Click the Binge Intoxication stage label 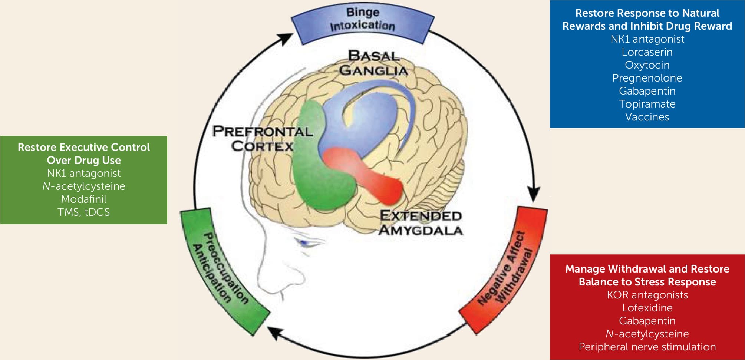[362, 19]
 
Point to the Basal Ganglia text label [373, 63]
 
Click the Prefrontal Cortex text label [263, 138]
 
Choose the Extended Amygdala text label [421, 222]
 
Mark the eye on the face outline [307, 243]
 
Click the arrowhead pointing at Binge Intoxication [286, 38]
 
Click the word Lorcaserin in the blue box [647, 52]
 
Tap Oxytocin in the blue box [647, 65]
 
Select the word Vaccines [647, 117]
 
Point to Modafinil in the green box [84, 199]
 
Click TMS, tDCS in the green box [84, 212]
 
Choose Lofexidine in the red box [647, 308]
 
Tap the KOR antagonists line [647, 295]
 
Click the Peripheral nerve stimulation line [647, 347]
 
